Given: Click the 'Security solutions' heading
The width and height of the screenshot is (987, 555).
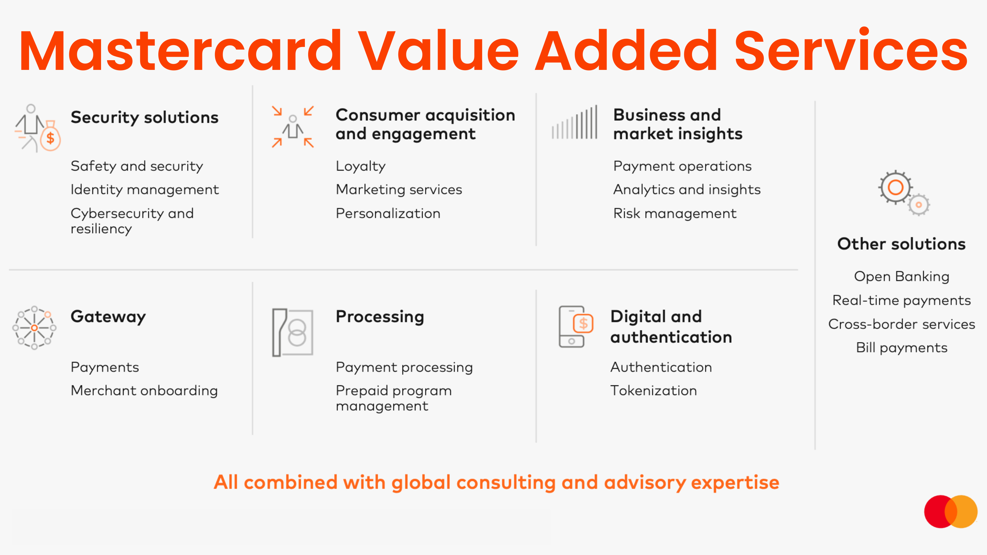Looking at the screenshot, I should click(x=145, y=117).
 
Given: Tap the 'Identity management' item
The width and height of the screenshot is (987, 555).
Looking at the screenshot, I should click(x=145, y=190).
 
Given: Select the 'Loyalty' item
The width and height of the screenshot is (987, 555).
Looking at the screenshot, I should click(x=360, y=166).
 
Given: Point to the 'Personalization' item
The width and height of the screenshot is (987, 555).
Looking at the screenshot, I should click(x=388, y=213).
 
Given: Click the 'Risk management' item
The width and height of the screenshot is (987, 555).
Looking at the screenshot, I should click(x=675, y=213).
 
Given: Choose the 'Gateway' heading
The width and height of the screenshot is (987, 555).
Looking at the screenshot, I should click(x=108, y=317).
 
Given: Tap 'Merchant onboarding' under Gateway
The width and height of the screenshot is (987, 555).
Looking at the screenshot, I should click(x=144, y=391).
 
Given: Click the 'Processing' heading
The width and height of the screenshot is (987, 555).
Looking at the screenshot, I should click(x=380, y=317).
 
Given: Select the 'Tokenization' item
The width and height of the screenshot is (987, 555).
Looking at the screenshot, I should click(x=653, y=391).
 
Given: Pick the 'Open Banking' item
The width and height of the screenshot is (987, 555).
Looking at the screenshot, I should click(x=902, y=277).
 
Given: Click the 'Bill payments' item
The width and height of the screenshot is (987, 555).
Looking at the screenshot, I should click(x=902, y=348).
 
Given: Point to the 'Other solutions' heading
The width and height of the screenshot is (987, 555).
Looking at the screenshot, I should click(x=901, y=244).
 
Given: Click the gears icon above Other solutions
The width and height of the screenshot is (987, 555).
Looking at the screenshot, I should click(x=903, y=193).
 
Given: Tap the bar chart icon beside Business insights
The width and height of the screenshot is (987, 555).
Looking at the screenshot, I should click(x=574, y=122).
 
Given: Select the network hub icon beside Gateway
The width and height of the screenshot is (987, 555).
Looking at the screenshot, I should click(x=34, y=328).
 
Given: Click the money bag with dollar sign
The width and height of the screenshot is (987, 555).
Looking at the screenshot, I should click(x=50, y=137).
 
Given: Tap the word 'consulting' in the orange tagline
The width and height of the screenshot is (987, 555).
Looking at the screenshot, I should click(x=506, y=482).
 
